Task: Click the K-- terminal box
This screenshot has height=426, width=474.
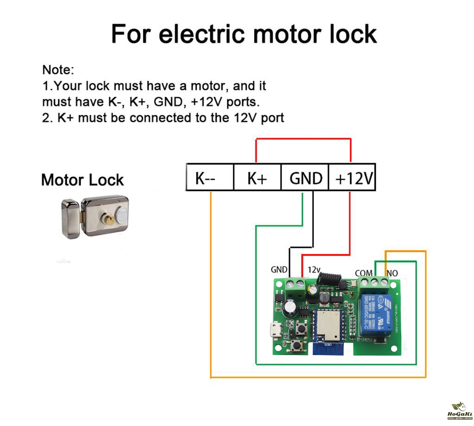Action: coord(209,177)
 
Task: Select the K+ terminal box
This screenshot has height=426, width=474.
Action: coord(257,177)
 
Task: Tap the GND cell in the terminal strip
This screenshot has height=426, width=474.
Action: coord(305,177)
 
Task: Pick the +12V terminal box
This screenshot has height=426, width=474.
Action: coord(352,177)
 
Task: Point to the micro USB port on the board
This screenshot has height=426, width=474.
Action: coord(275,331)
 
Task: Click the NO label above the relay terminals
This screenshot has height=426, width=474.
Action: coord(392,273)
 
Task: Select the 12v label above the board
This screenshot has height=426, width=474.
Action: coord(314,269)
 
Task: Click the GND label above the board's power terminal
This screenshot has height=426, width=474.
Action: coord(279,269)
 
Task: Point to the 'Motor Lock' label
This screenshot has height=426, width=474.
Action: coord(82,180)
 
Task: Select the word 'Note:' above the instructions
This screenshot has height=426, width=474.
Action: coord(58,70)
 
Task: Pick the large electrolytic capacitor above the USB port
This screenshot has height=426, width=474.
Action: coord(292,307)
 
